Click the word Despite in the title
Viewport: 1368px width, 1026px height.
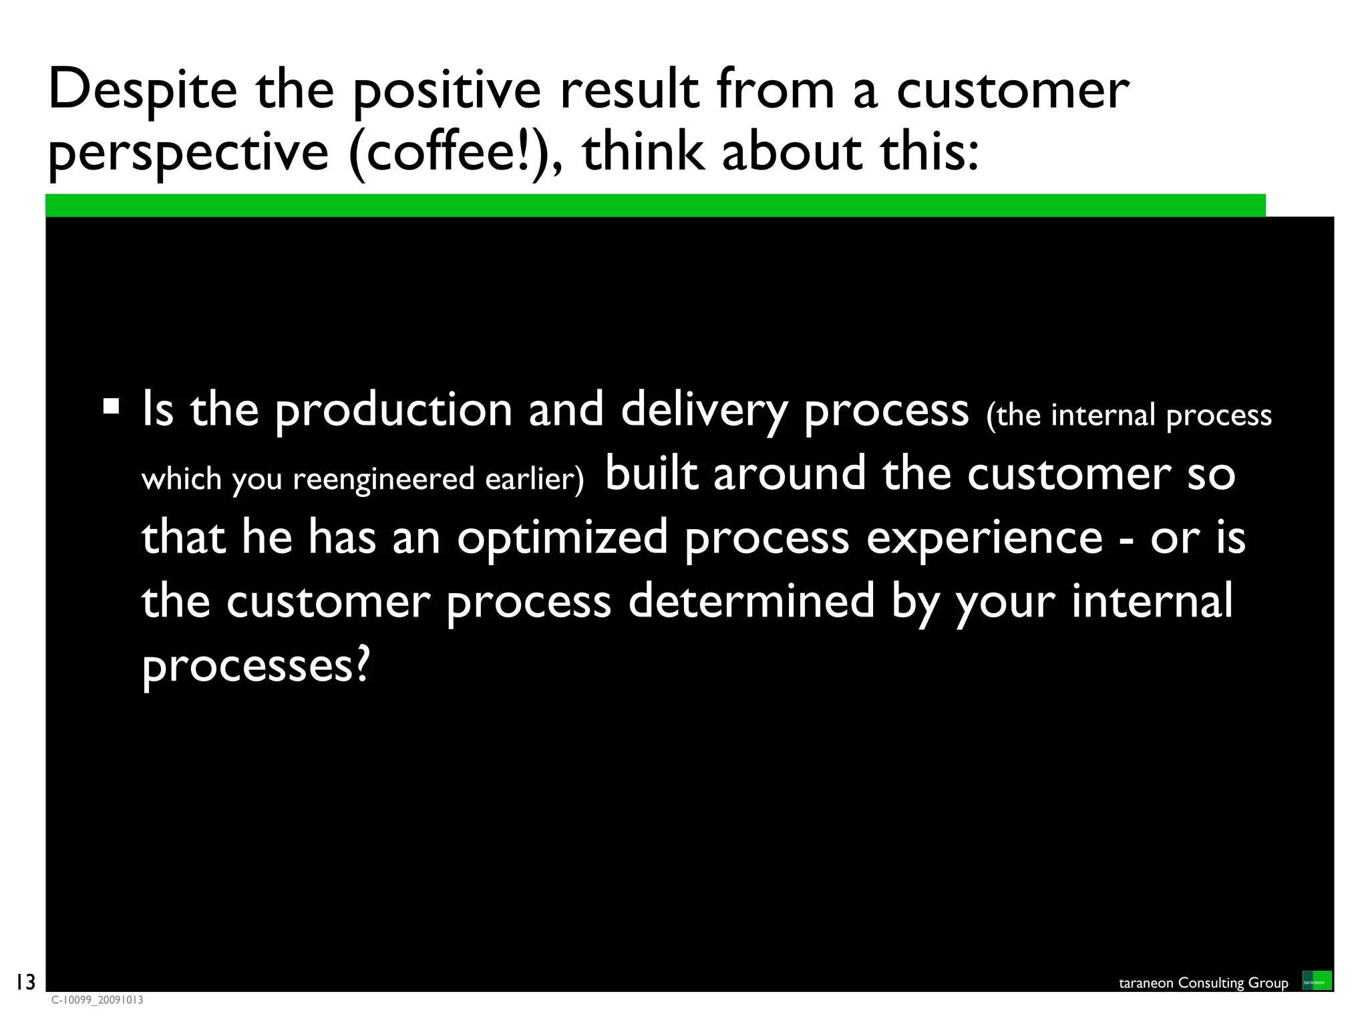point(142,90)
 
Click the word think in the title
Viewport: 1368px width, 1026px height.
point(643,151)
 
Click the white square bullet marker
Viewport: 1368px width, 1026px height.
point(111,406)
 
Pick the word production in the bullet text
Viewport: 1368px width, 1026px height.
point(393,410)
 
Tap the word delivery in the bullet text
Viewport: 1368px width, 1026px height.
point(704,410)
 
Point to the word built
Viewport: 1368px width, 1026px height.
point(651,473)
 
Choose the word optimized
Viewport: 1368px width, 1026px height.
point(562,537)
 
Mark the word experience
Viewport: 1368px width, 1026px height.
point(985,538)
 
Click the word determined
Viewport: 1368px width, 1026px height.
point(751,601)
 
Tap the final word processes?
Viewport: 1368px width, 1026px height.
point(255,665)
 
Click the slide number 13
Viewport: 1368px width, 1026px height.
point(25,982)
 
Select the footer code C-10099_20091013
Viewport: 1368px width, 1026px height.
point(98,1000)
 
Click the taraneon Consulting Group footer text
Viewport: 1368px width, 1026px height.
point(1203,983)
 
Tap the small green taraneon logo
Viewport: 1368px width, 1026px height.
point(1317,981)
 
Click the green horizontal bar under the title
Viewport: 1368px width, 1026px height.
point(655,205)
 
